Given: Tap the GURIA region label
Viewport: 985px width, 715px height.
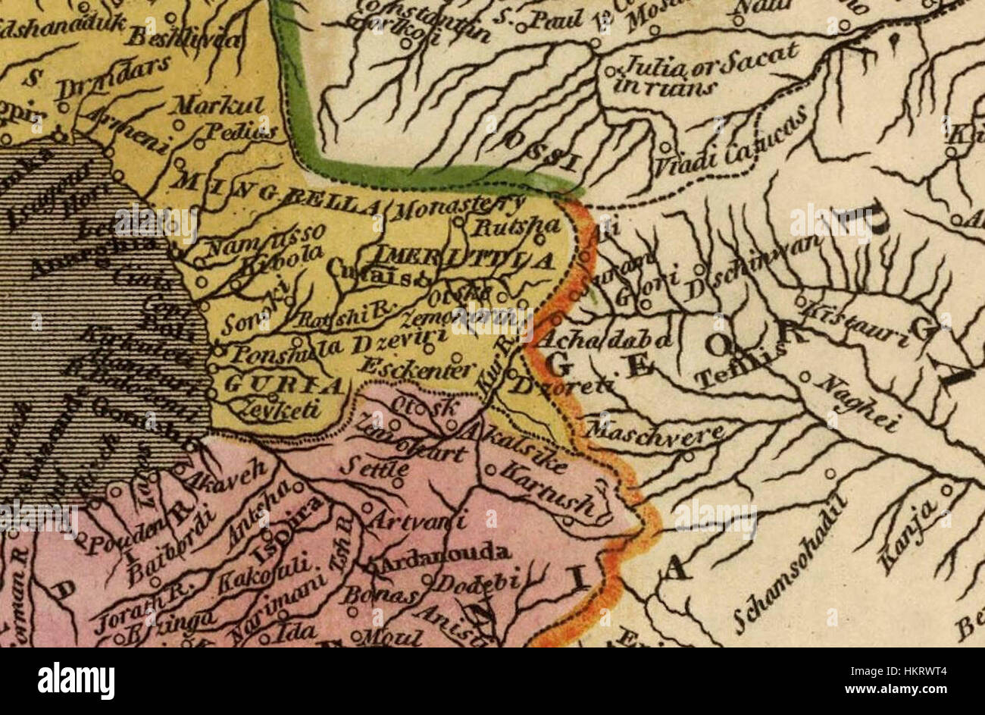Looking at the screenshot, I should [x=285, y=385].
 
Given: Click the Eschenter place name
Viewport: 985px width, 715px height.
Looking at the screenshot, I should [x=417, y=368].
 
